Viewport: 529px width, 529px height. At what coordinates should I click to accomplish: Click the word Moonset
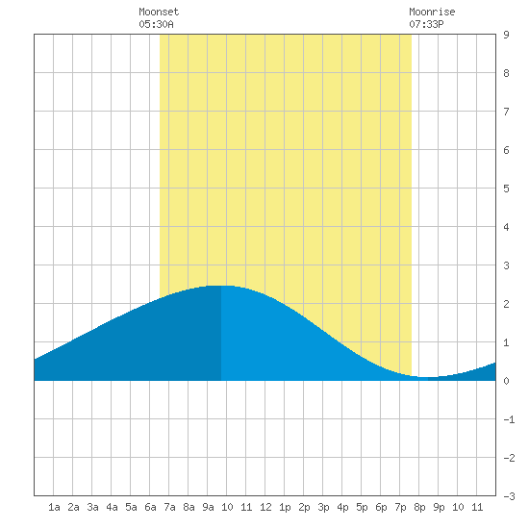pos(159,12)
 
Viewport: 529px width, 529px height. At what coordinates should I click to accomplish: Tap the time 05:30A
pos(156,24)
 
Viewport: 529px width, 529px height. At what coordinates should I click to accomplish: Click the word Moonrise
pos(432,12)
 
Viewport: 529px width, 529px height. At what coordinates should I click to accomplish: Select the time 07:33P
pos(426,24)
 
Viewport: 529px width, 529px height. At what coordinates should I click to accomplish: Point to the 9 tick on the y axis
pos(506,35)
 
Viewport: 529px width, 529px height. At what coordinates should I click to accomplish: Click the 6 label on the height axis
pos(506,150)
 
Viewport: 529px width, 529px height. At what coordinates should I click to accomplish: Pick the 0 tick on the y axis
pos(506,381)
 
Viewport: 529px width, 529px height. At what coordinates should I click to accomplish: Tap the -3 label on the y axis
pos(509,496)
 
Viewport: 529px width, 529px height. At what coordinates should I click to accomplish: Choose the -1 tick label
pos(509,419)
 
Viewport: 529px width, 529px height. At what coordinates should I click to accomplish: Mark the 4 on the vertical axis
pos(506,227)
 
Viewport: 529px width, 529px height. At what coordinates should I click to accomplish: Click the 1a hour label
pos(54,507)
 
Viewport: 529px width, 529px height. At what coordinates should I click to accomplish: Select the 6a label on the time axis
pos(150,507)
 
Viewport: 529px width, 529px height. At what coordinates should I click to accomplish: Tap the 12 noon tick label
pos(265,507)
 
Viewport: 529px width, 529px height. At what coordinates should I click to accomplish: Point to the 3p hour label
pos(323,507)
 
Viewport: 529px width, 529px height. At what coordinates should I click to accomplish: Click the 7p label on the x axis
pos(400,507)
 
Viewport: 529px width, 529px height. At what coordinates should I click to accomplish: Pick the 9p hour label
pos(439,507)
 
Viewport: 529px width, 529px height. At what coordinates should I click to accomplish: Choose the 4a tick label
pos(112,507)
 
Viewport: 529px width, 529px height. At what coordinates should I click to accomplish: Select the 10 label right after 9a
pos(227,507)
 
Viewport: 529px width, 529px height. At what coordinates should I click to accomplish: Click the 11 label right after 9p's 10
pos(477,507)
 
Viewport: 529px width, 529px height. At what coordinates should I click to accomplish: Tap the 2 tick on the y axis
pos(506,304)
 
